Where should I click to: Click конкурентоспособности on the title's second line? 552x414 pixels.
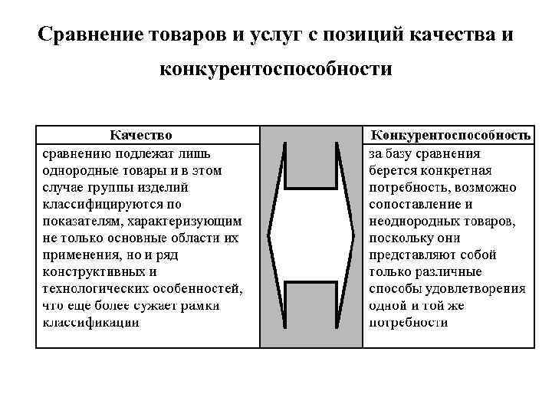tap(275, 71)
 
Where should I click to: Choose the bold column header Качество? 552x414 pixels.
tap(146, 136)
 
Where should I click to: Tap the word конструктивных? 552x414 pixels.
tap(90, 271)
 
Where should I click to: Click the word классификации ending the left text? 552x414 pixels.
tap(90, 322)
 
